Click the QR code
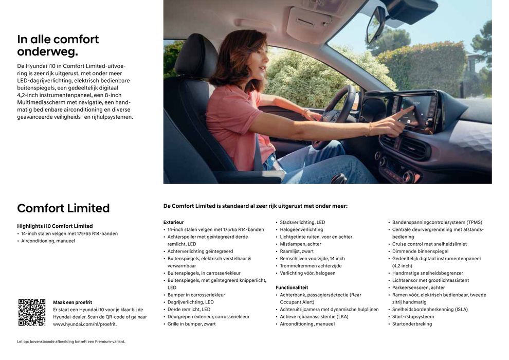click(32, 312)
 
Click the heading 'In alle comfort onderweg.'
click(58, 45)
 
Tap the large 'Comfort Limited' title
click(63, 208)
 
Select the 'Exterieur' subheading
click(173, 222)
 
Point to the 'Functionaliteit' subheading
click(292, 287)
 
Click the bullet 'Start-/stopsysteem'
click(413, 317)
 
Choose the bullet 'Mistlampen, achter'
click(301, 244)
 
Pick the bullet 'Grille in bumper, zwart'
click(191, 324)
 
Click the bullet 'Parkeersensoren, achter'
click(419, 287)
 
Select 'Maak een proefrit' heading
click(72, 302)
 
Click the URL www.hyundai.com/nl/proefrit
click(85, 324)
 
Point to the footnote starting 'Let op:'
click(71, 341)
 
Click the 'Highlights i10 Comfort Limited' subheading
click(55, 226)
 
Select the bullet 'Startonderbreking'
click(412, 324)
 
